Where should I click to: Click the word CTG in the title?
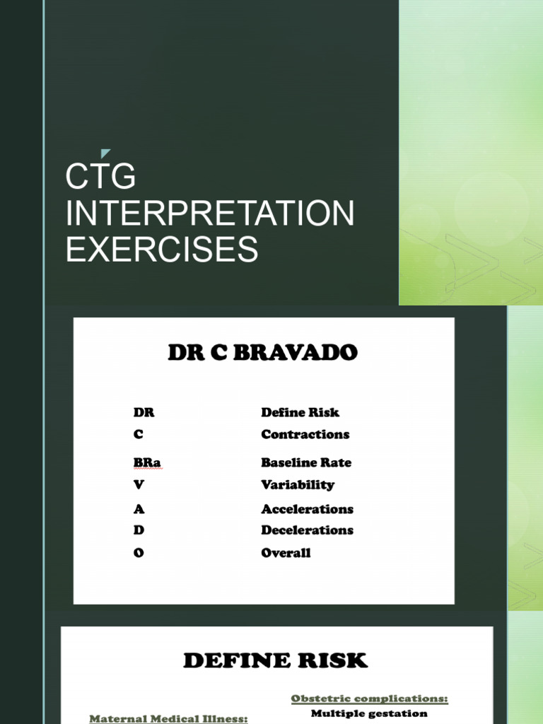[100, 177]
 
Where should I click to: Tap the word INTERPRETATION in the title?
[210, 214]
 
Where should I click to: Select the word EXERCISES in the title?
[162, 250]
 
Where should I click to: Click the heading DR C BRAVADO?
[263, 354]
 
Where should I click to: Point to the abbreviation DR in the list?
[144, 412]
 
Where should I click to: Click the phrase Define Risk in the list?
[300, 412]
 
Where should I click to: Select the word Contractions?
[305, 434]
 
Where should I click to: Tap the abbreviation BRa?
[148, 462]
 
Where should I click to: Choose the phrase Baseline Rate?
[305, 462]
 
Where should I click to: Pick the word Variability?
[298, 485]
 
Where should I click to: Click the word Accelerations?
[307, 509]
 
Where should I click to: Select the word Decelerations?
[307, 530]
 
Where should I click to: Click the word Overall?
[286, 553]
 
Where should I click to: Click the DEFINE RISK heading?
[276, 661]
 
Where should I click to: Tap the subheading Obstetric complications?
[369, 699]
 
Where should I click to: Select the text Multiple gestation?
[369, 713]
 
